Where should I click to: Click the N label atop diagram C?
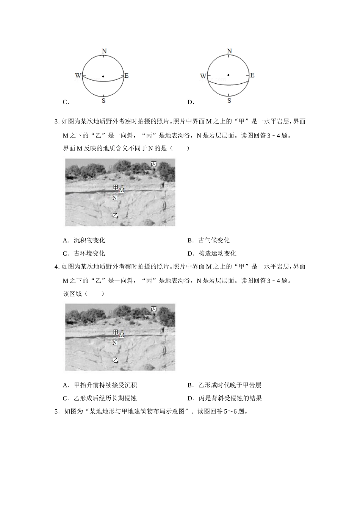(x=104, y=51)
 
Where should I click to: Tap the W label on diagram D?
(x=203, y=76)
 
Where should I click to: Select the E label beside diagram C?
(x=127, y=76)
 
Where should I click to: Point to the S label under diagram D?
(x=229, y=101)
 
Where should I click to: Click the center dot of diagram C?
(x=103, y=77)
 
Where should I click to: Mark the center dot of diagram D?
(x=228, y=75)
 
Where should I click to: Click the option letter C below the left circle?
(x=66, y=102)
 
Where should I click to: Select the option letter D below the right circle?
(x=191, y=102)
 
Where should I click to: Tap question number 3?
(x=57, y=122)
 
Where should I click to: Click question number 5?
(x=57, y=411)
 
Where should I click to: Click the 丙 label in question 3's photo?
(x=153, y=164)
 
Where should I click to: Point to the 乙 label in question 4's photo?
(x=116, y=361)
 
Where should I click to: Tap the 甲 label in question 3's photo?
(x=116, y=187)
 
